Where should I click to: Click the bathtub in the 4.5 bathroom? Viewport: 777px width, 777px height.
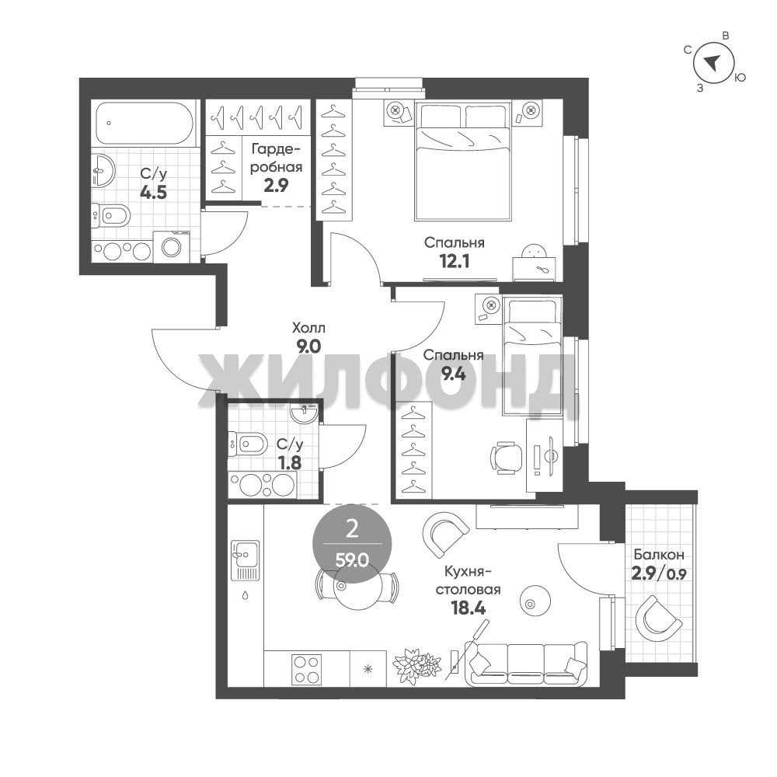tap(144, 124)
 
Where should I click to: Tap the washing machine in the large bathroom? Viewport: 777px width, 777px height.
tap(172, 246)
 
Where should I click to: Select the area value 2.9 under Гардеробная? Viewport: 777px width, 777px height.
tap(276, 186)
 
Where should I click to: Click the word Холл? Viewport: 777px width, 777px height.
tap(308, 328)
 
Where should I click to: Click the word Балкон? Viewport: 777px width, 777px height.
tap(659, 554)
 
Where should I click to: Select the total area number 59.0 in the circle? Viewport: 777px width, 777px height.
tap(351, 561)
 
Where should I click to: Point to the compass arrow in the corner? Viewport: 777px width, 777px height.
tap(713, 62)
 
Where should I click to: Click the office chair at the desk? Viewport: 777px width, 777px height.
tap(507, 458)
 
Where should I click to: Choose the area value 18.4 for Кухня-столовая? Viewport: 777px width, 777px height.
tap(469, 608)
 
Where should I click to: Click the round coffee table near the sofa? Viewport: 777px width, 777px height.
tap(535, 601)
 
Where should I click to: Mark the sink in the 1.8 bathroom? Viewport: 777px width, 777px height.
tap(303, 413)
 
